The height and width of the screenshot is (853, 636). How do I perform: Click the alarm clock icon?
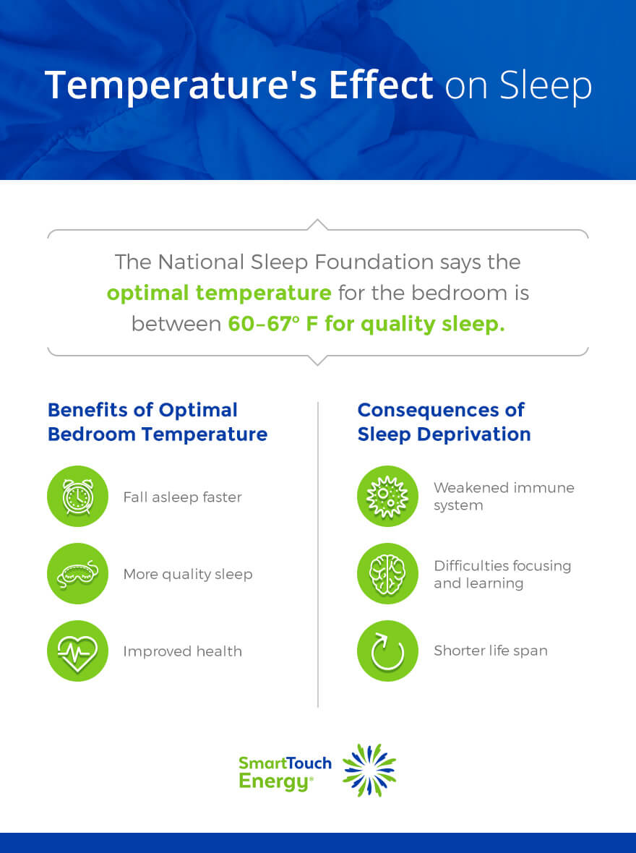point(77,497)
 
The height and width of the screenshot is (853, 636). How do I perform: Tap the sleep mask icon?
point(77,574)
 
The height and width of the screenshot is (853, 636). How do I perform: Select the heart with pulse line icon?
point(77,651)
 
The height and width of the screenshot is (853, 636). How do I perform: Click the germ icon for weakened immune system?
point(387,497)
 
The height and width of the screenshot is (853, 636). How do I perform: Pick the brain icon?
point(387,574)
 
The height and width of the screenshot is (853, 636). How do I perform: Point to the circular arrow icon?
point(387,651)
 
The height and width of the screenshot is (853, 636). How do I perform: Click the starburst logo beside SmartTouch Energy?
point(369,771)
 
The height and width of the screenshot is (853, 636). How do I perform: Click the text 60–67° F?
point(273,324)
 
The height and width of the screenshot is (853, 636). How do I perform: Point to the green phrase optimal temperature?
point(219,293)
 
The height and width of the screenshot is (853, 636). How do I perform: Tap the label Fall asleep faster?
point(182,497)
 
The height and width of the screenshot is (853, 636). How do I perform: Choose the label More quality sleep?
point(188,574)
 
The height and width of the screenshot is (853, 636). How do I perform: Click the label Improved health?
point(182,651)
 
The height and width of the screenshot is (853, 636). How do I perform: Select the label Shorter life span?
point(491,651)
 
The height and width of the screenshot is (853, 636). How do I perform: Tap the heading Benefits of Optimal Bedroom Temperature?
point(157,421)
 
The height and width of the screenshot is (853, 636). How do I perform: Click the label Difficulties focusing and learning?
point(502,574)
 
